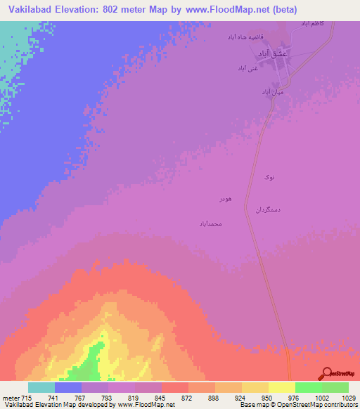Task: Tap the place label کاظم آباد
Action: [x=313, y=23]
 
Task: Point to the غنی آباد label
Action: [x=247, y=69]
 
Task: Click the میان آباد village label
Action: [x=272, y=92]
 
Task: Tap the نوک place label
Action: [x=269, y=178]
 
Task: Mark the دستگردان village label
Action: [x=267, y=210]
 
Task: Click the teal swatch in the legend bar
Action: [x=41, y=387]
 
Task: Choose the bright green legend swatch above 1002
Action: [x=309, y=387]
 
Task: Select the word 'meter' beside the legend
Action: [x=10, y=398]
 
